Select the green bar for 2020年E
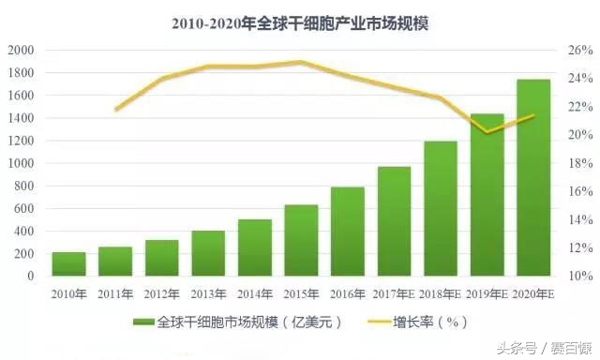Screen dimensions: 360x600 (x=533, y=178)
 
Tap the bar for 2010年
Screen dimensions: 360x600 (x=69, y=263)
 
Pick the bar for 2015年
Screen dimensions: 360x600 (x=301, y=240)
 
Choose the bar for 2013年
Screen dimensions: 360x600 (x=208, y=253)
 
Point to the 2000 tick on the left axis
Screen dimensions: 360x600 (x=21, y=51)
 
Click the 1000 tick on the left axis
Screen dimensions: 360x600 (x=21, y=163)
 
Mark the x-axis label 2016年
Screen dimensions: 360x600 (x=348, y=293)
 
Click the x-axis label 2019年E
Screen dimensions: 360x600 (x=487, y=293)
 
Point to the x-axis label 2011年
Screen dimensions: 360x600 (x=115, y=293)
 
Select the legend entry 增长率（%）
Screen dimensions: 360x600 (x=427, y=322)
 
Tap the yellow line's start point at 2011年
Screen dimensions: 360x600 (x=115, y=110)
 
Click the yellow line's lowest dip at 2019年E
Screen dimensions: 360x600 (x=487, y=132)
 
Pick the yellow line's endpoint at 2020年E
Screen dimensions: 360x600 (x=533, y=115)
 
